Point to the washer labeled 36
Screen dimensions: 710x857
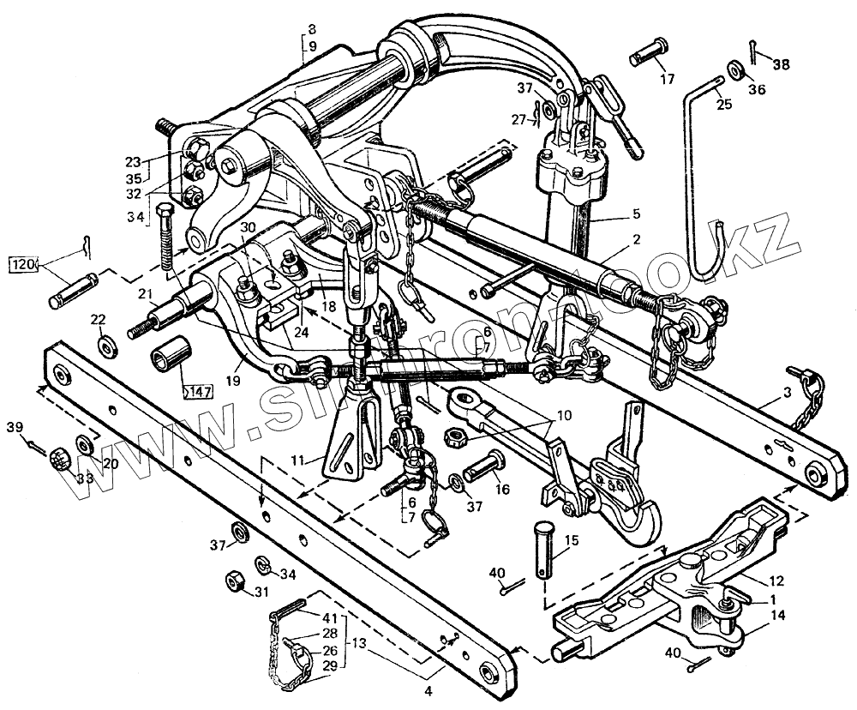pyautogui.click(x=734, y=68)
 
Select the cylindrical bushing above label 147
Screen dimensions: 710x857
pyautogui.click(x=168, y=358)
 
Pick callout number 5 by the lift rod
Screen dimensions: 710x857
pyautogui.click(x=636, y=213)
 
